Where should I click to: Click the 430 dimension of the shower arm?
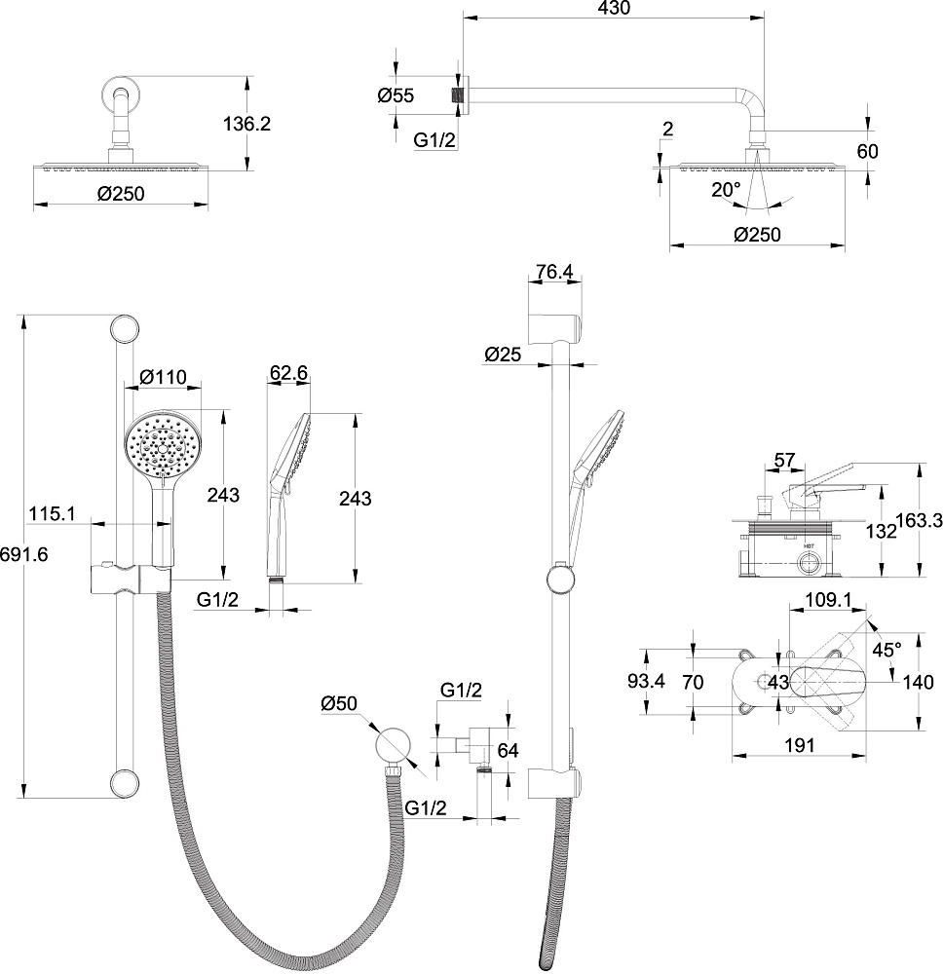pos(614,8)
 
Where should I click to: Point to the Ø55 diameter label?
pos(396,95)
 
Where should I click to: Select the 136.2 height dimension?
pos(246,124)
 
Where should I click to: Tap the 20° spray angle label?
pos(725,189)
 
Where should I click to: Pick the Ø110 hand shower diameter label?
pos(163,377)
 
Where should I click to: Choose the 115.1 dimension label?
pos(53,512)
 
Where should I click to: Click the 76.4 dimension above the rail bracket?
pos(554,272)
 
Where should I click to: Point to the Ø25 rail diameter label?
pos(505,356)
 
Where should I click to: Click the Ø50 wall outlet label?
pos(340,702)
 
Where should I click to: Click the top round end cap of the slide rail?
pos(123,328)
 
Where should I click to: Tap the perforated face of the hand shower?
pos(162,445)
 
